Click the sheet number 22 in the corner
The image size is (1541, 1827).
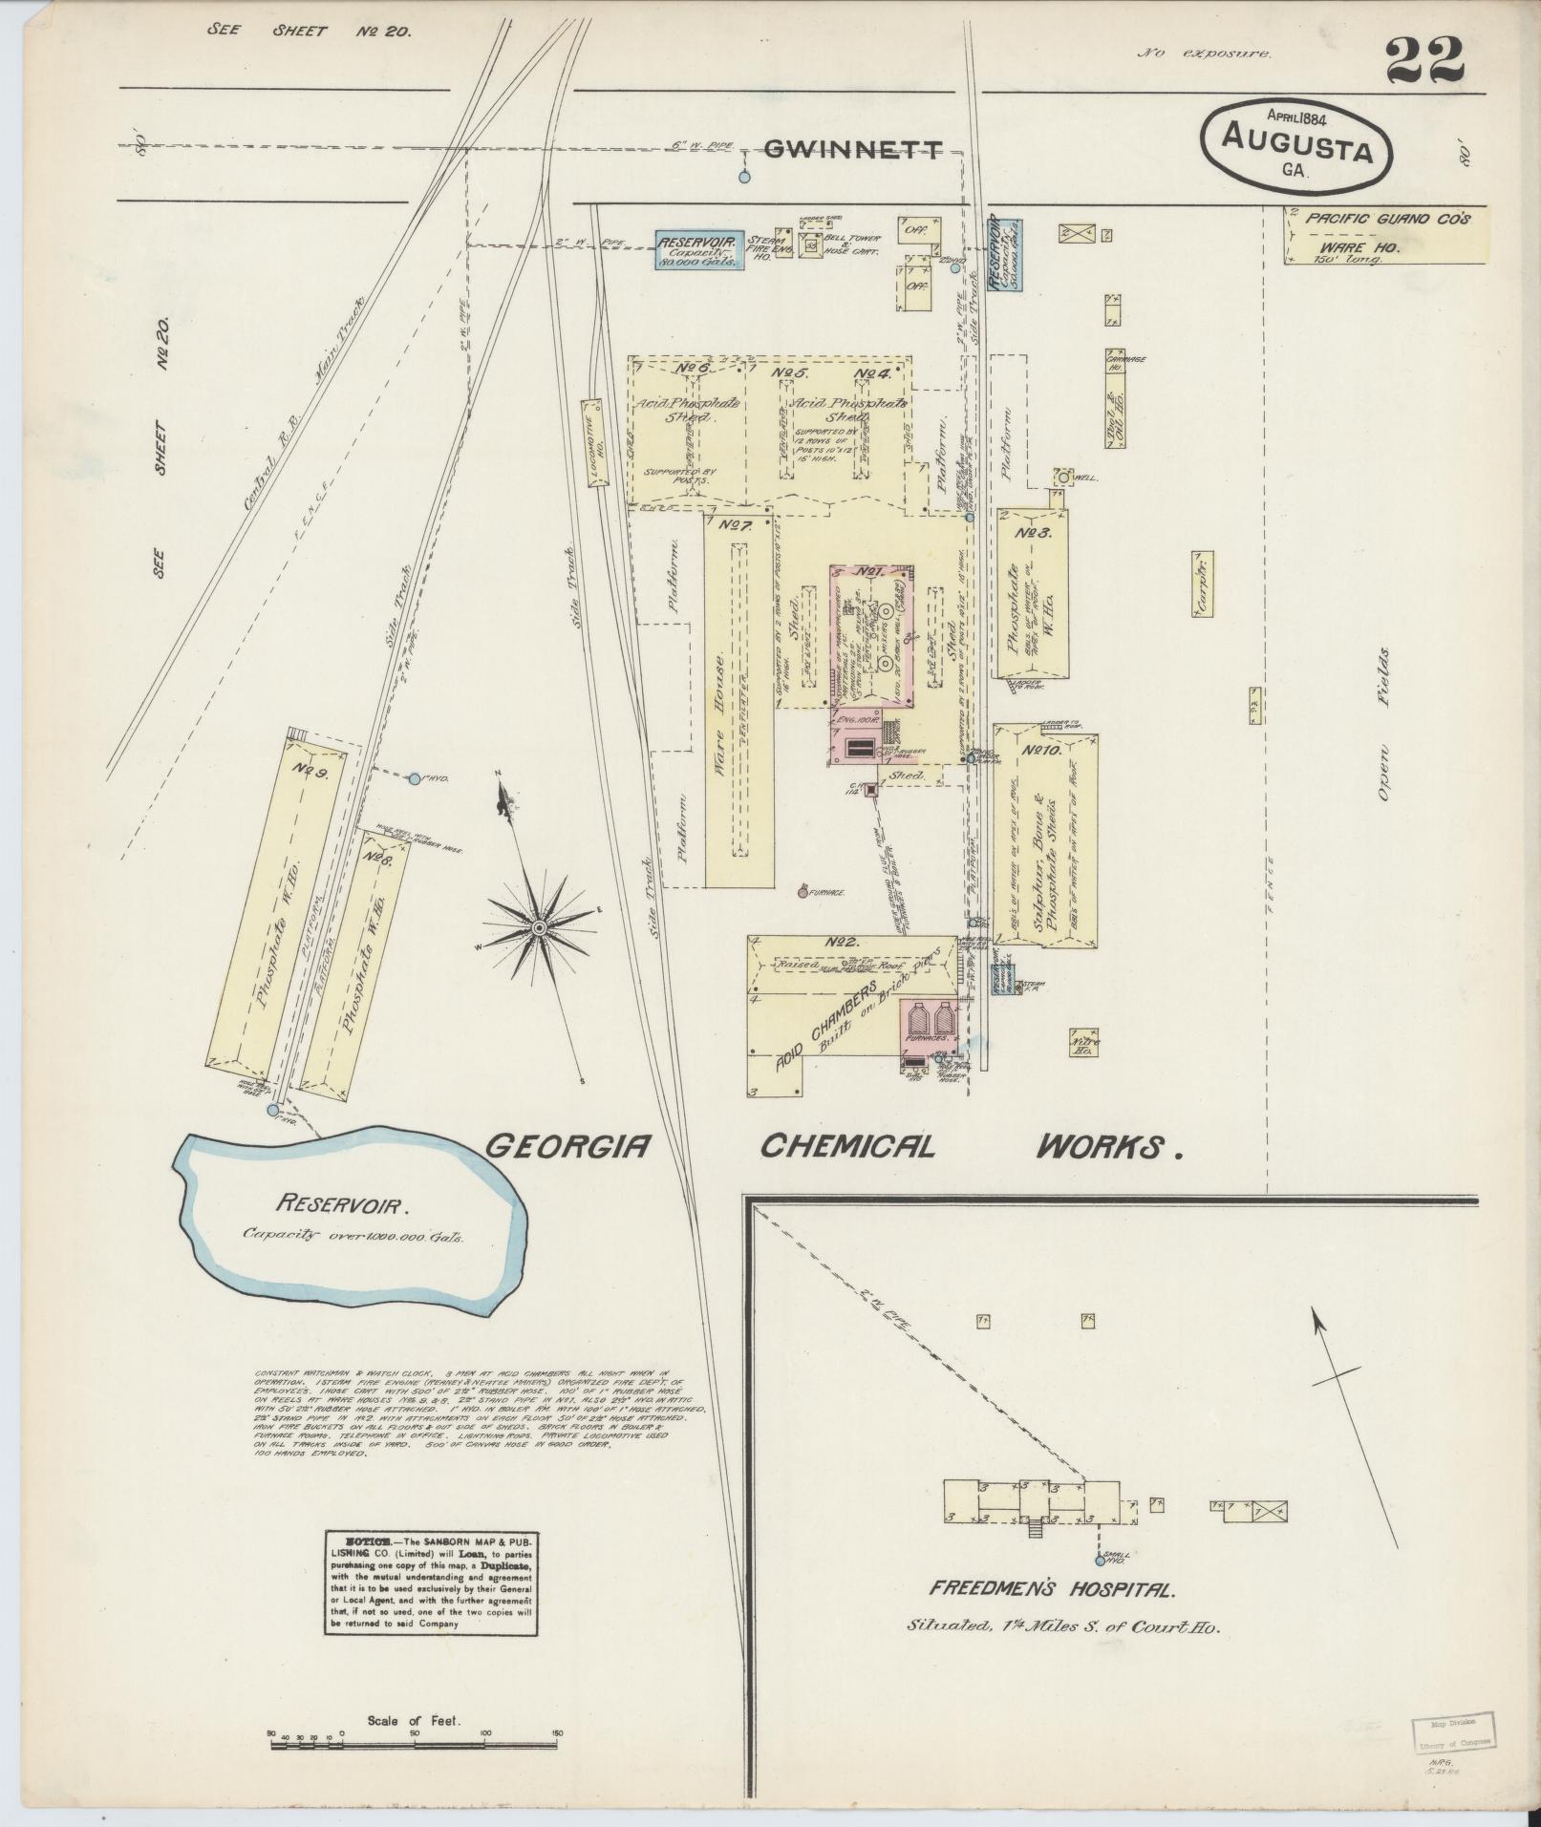[x=1424, y=59]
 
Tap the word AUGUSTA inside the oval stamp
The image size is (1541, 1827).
[x=1295, y=151]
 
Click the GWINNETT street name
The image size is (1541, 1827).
[x=853, y=149]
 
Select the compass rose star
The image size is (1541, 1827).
[x=539, y=926]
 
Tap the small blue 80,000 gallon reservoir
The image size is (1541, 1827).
[x=698, y=247]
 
